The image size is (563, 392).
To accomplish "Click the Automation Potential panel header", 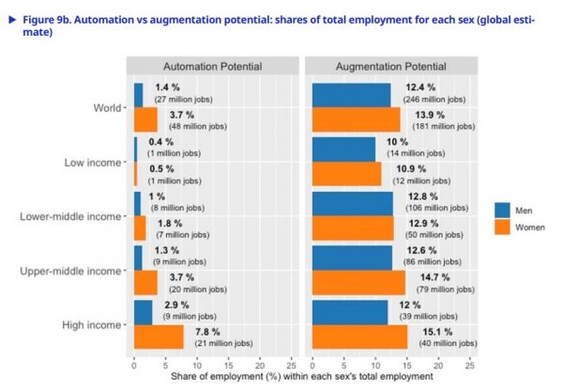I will (x=212, y=66).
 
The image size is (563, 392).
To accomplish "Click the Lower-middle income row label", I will (x=70, y=216).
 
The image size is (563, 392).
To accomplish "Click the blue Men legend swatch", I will (x=503, y=210).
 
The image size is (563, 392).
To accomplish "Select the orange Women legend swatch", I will (x=503, y=227).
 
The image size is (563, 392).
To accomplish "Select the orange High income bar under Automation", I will (x=159, y=337).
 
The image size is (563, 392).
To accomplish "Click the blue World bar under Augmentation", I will (x=351, y=94).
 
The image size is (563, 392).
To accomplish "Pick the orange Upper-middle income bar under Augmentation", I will (x=358, y=282).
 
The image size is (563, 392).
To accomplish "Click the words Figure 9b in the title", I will (x=48, y=15).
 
